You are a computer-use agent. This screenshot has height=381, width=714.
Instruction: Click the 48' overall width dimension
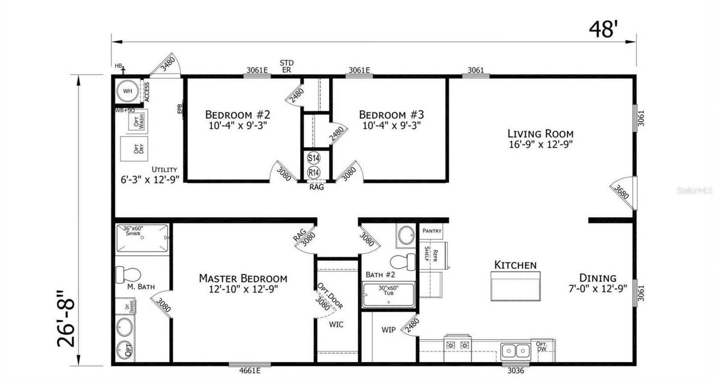[603, 29]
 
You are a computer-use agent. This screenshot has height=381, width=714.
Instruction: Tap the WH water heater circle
[128, 91]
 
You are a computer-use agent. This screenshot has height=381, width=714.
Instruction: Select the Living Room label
[540, 133]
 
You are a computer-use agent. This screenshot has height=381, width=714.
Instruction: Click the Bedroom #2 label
[237, 115]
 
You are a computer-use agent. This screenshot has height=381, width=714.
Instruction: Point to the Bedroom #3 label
[391, 115]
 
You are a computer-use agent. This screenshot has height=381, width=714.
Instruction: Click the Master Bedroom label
[243, 278]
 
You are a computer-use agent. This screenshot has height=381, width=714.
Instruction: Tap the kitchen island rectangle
[515, 289]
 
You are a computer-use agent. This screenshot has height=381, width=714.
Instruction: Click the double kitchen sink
[515, 352]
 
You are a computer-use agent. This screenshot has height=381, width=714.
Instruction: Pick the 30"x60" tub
[388, 295]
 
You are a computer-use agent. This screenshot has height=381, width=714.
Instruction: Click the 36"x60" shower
[142, 238]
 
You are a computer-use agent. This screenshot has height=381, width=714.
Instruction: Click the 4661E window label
[249, 370]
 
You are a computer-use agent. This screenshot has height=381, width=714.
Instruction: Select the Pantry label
[432, 231]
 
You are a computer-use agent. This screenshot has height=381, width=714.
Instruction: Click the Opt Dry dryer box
[134, 149]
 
